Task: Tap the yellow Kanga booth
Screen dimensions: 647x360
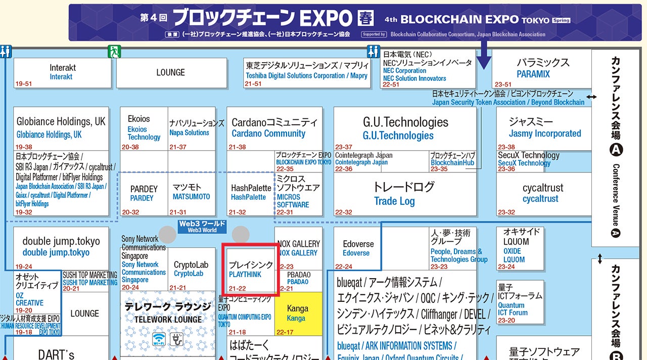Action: (298, 313)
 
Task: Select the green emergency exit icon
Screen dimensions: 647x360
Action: (114, 51)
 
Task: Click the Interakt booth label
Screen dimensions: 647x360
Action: (62, 72)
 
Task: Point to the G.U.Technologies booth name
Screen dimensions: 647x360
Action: (405, 128)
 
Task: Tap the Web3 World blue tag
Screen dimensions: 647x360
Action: (202, 227)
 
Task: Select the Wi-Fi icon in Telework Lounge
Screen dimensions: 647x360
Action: (159, 339)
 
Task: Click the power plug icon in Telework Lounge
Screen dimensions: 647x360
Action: (177, 339)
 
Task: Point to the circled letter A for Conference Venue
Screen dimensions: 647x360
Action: (616, 150)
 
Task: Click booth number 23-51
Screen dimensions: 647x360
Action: (503, 84)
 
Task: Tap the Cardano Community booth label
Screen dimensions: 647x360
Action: (268, 133)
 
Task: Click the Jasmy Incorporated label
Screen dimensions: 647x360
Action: (544, 133)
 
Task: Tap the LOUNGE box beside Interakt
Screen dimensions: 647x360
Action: (171, 73)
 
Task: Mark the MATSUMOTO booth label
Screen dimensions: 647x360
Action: (191, 196)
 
